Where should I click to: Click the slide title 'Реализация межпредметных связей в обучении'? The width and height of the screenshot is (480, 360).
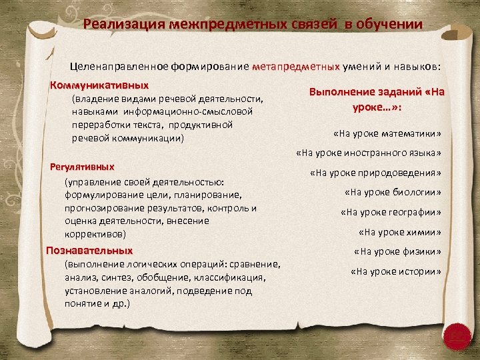coord(253,25)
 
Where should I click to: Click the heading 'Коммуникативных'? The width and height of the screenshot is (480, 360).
coord(99,86)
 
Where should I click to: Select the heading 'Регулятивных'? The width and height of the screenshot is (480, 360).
coord(83,167)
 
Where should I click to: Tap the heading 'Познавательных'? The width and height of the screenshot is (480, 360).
coord(89,251)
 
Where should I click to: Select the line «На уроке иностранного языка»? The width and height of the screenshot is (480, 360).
coord(369,153)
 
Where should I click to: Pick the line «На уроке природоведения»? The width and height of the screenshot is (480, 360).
coord(375,173)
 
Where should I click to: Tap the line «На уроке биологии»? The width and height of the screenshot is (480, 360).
coord(393,193)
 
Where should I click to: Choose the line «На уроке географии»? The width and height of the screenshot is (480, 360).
coord(391,213)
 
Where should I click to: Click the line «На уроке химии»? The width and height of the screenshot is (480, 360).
coord(399,232)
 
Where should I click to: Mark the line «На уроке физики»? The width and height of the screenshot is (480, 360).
coord(397,251)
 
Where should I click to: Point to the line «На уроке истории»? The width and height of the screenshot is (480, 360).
coord(395,271)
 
